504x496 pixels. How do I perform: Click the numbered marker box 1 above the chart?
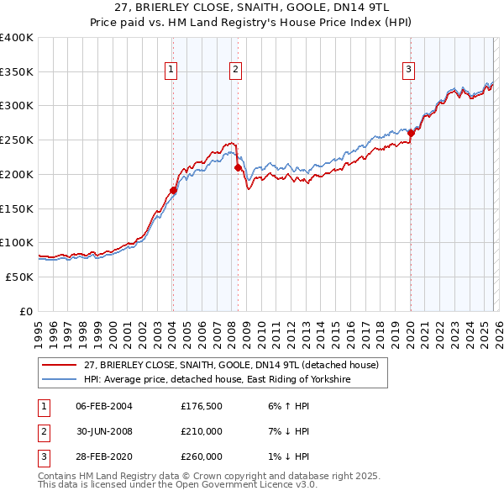click(x=171, y=70)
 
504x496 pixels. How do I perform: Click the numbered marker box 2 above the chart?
click(x=235, y=70)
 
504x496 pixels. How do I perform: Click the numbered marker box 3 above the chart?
click(x=408, y=70)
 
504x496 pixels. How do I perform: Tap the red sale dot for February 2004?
click(x=173, y=190)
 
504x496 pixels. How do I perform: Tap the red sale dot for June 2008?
click(x=238, y=167)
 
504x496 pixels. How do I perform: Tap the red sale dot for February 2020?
click(x=411, y=133)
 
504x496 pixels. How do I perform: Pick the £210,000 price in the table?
click(x=202, y=431)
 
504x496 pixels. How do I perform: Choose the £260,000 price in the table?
click(x=202, y=456)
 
